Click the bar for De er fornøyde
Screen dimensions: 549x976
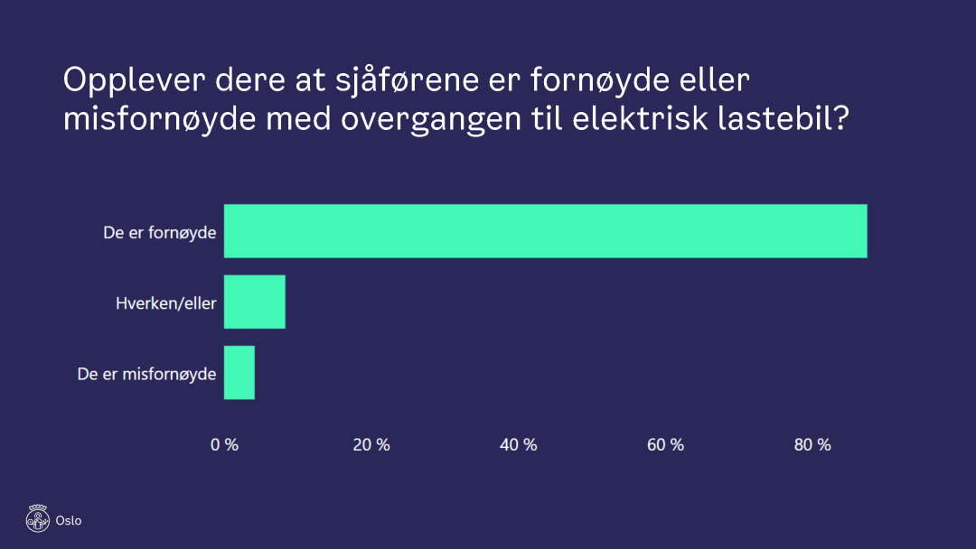click(545, 231)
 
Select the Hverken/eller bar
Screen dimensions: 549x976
click(254, 302)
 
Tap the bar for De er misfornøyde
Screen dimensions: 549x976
click(239, 373)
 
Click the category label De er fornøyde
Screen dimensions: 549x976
click(159, 233)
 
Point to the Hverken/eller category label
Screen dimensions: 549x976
click(165, 303)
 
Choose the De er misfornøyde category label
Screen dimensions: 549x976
click(146, 374)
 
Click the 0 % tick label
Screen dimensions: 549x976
click(224, 444)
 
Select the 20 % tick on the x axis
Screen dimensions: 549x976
click(371, 444)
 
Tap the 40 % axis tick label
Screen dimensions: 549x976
click(518, 444)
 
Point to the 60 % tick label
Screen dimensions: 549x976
click(665, 444)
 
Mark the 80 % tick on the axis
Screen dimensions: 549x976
click(812, 444)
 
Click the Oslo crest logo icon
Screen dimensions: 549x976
click(37, 518)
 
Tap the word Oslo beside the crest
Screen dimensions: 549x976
click(69, 521)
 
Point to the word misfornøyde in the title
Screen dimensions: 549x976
click(160, 119)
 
